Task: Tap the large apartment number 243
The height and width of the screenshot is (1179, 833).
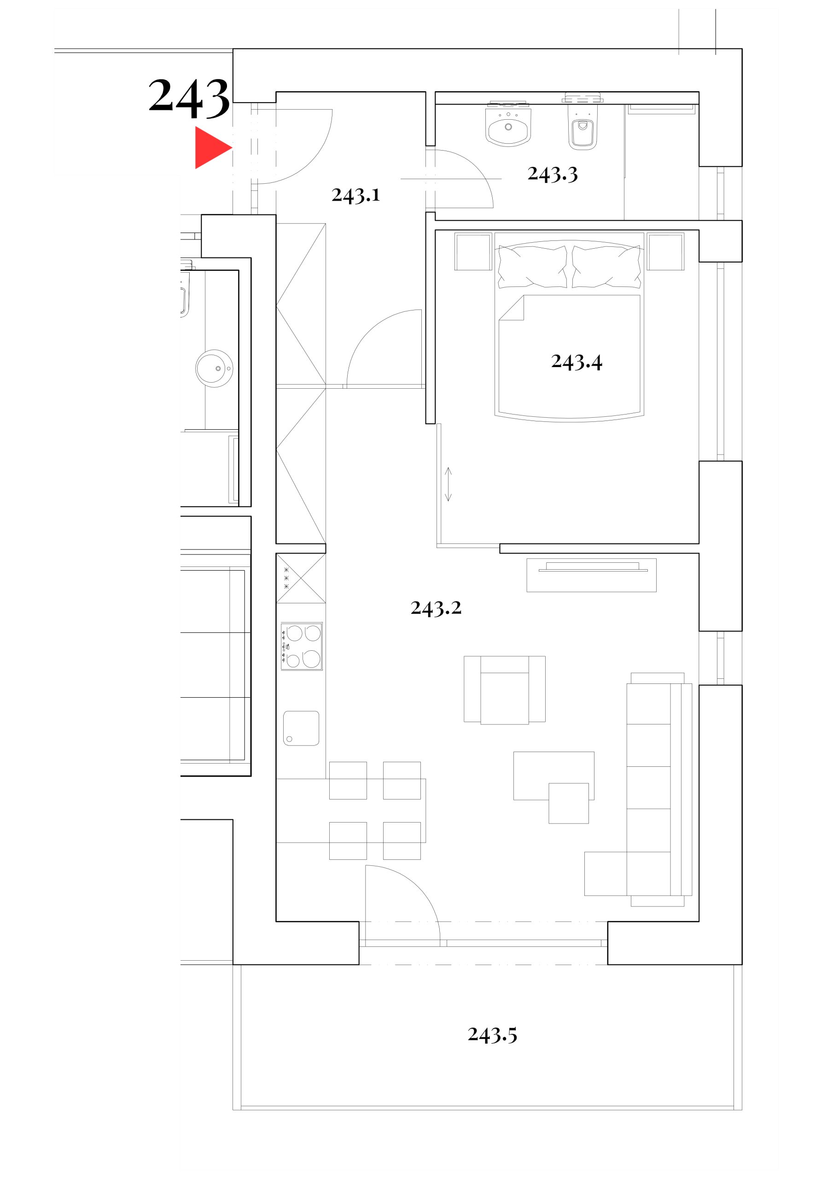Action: coord(189,98)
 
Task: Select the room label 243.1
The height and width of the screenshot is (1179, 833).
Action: coord(355,196)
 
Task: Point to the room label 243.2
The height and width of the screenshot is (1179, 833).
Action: coord(436,608)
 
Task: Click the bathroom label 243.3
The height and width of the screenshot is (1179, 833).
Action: coord(553,175)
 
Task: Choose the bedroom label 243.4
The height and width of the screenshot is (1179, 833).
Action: coord(576,362)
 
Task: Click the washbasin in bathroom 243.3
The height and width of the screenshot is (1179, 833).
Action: coord(508,124)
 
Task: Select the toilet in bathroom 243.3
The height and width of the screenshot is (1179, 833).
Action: coord(583,123)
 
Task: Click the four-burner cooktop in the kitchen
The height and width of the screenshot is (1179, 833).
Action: coord(302,646)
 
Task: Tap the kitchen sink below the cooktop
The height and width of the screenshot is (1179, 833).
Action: coord(301,728)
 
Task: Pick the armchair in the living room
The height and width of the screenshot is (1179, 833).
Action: coord(504,690)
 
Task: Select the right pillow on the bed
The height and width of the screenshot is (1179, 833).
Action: coord(606,266)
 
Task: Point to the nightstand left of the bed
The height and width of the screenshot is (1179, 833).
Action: coord(473,251)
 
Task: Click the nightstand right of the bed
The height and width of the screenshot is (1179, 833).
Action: coord(665,251)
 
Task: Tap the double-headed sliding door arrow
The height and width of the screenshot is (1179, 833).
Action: coord(448,484)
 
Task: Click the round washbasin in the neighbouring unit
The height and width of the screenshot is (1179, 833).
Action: coord(214,368)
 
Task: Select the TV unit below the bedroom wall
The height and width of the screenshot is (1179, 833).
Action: coord(591,575)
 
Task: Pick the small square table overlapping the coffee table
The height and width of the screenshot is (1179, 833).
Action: coord(569,803)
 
